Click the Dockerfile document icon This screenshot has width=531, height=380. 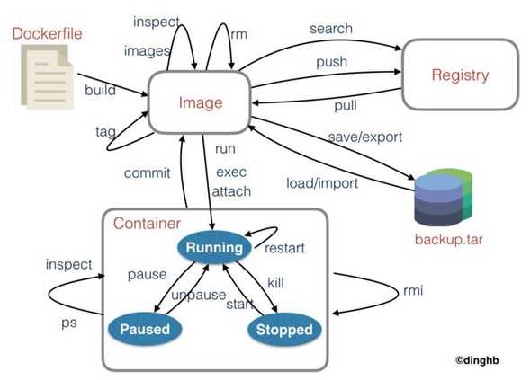[x=45, y=73]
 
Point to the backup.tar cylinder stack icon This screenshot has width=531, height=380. [x=442, y=199]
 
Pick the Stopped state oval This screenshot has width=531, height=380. [x=283, y=329]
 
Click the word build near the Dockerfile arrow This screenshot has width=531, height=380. [x=100, y=91]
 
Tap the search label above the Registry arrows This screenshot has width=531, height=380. [x=330, y=29]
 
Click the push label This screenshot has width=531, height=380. [x=332, y=62]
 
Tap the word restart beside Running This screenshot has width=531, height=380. [x=287, y=248]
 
